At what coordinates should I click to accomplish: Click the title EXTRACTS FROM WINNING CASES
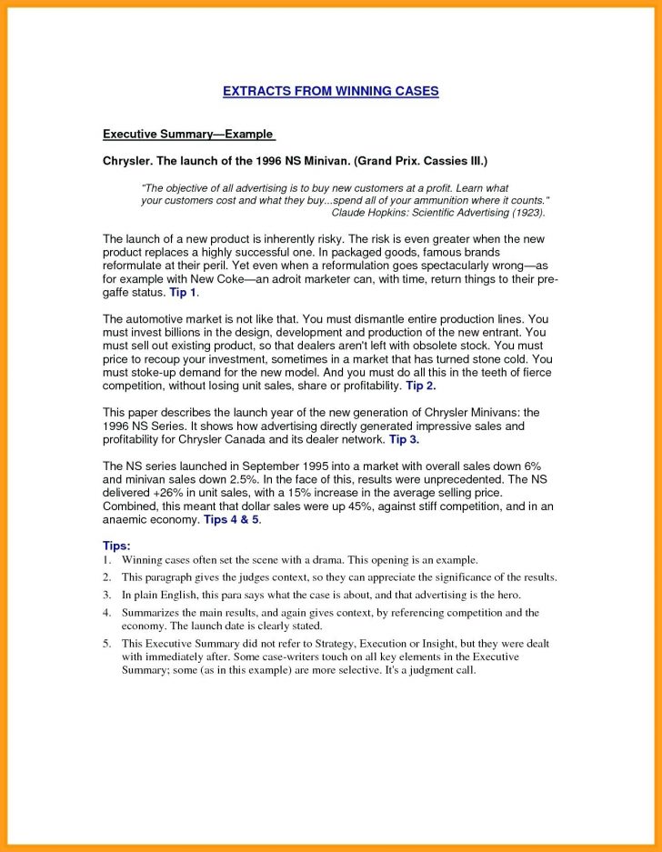coord(331,91)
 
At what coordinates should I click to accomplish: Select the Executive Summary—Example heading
coord(188,134)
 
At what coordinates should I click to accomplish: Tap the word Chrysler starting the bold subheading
coord(126,161)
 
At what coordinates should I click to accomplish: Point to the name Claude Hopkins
coord(372,211)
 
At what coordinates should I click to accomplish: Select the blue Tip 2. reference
coord(421,386)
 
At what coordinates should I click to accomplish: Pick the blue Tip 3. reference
coord(404,439)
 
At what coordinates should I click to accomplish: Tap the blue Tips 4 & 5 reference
coord(231,519)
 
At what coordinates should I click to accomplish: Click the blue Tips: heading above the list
coord(117,546)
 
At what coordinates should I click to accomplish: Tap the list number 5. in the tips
coord(106,643)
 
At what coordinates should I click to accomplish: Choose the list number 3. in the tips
coord(106,595)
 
